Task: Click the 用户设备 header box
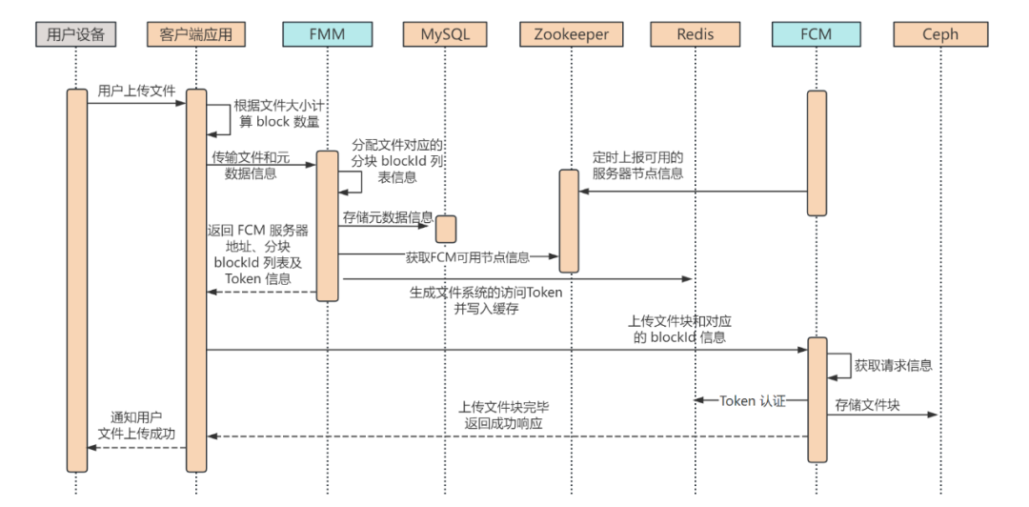click(x=76, y=34)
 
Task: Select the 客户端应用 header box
click(x=196, y=34)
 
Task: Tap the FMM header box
click(x=326, y=34)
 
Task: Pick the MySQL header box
click(x=445, y=34)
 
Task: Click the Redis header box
click(x=695, y=34)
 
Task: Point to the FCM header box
click(x=817, y=34)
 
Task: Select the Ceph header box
click(x=940, y=34)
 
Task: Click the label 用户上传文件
click(x=136, y=91)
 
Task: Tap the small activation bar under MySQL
click(x=446, y=229)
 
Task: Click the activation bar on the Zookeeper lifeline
click(x=569, y=220)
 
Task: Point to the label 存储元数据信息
click(x=388, y=216)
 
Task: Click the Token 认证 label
click(x=753, y=400)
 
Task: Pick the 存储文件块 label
click(x=868, y=406)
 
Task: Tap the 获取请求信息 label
click(x=893, y=365)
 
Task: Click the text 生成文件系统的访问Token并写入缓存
click(x=485, y=301)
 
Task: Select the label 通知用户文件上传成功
click(x=136, y=425)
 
